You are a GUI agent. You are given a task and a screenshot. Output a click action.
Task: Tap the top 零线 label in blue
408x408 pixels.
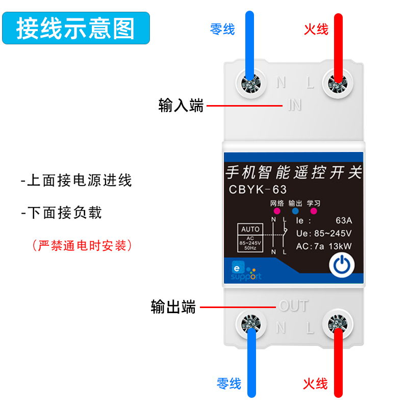coord(222,29)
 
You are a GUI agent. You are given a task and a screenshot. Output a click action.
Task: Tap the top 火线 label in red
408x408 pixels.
coord(316,29)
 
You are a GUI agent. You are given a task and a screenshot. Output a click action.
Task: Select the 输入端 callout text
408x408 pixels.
coord(181,106)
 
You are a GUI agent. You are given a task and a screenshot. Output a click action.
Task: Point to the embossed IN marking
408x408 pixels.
coord(295,105)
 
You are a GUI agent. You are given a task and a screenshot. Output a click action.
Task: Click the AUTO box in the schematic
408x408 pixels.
coord(250,229)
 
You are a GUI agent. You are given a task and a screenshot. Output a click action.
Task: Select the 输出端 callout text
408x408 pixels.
coord(173,307)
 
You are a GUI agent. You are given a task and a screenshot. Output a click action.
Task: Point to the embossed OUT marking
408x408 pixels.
coord(294,306)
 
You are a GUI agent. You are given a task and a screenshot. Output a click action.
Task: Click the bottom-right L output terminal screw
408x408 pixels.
coord(337,323)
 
